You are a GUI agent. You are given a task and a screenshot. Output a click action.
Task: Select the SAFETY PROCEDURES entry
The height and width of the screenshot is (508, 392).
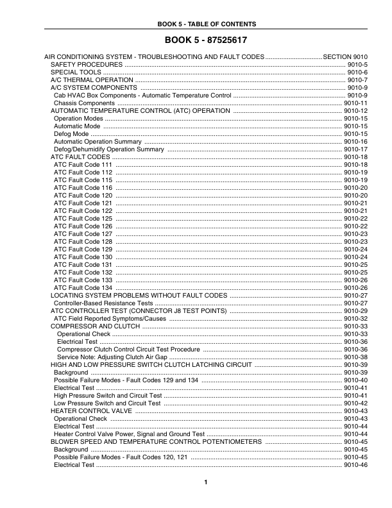pos(87,65)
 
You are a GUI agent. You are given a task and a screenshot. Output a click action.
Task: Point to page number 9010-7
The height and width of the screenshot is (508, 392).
pos(357,80)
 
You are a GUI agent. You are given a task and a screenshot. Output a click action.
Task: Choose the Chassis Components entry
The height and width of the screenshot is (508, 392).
pos(85,103)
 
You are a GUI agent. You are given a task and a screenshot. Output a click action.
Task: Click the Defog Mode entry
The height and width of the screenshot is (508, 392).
pos(71,133)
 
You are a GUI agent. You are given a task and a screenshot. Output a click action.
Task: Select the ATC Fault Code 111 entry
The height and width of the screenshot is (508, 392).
pos(83,164)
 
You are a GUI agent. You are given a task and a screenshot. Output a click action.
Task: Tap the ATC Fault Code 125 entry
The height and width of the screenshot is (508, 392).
pos(83,218)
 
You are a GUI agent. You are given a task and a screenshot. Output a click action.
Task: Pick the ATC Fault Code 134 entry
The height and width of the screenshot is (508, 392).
pos(83,287)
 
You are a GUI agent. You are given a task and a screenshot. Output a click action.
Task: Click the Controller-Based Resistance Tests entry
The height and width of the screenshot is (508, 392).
pos(104,303)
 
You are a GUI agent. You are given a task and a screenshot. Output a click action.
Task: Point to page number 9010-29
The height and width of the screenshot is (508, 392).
pos(355,310)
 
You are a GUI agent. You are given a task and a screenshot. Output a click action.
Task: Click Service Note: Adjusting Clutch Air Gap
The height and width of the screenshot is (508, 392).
pos(112,357)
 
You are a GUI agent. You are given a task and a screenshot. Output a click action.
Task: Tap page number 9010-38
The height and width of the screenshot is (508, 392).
pos(355,357)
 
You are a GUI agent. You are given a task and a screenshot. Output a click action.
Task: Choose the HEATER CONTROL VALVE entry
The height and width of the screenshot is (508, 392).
pos(91,411)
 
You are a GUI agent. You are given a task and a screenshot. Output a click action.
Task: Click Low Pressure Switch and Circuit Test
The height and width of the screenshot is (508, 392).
pos(107,403)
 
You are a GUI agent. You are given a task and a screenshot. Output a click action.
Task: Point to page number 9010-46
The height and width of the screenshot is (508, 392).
pos(355,464)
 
